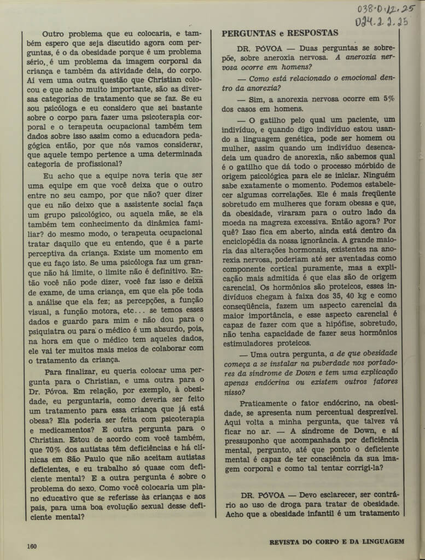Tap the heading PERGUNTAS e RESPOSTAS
tap(280, 33)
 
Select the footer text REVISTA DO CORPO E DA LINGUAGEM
tap(337, 542)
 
